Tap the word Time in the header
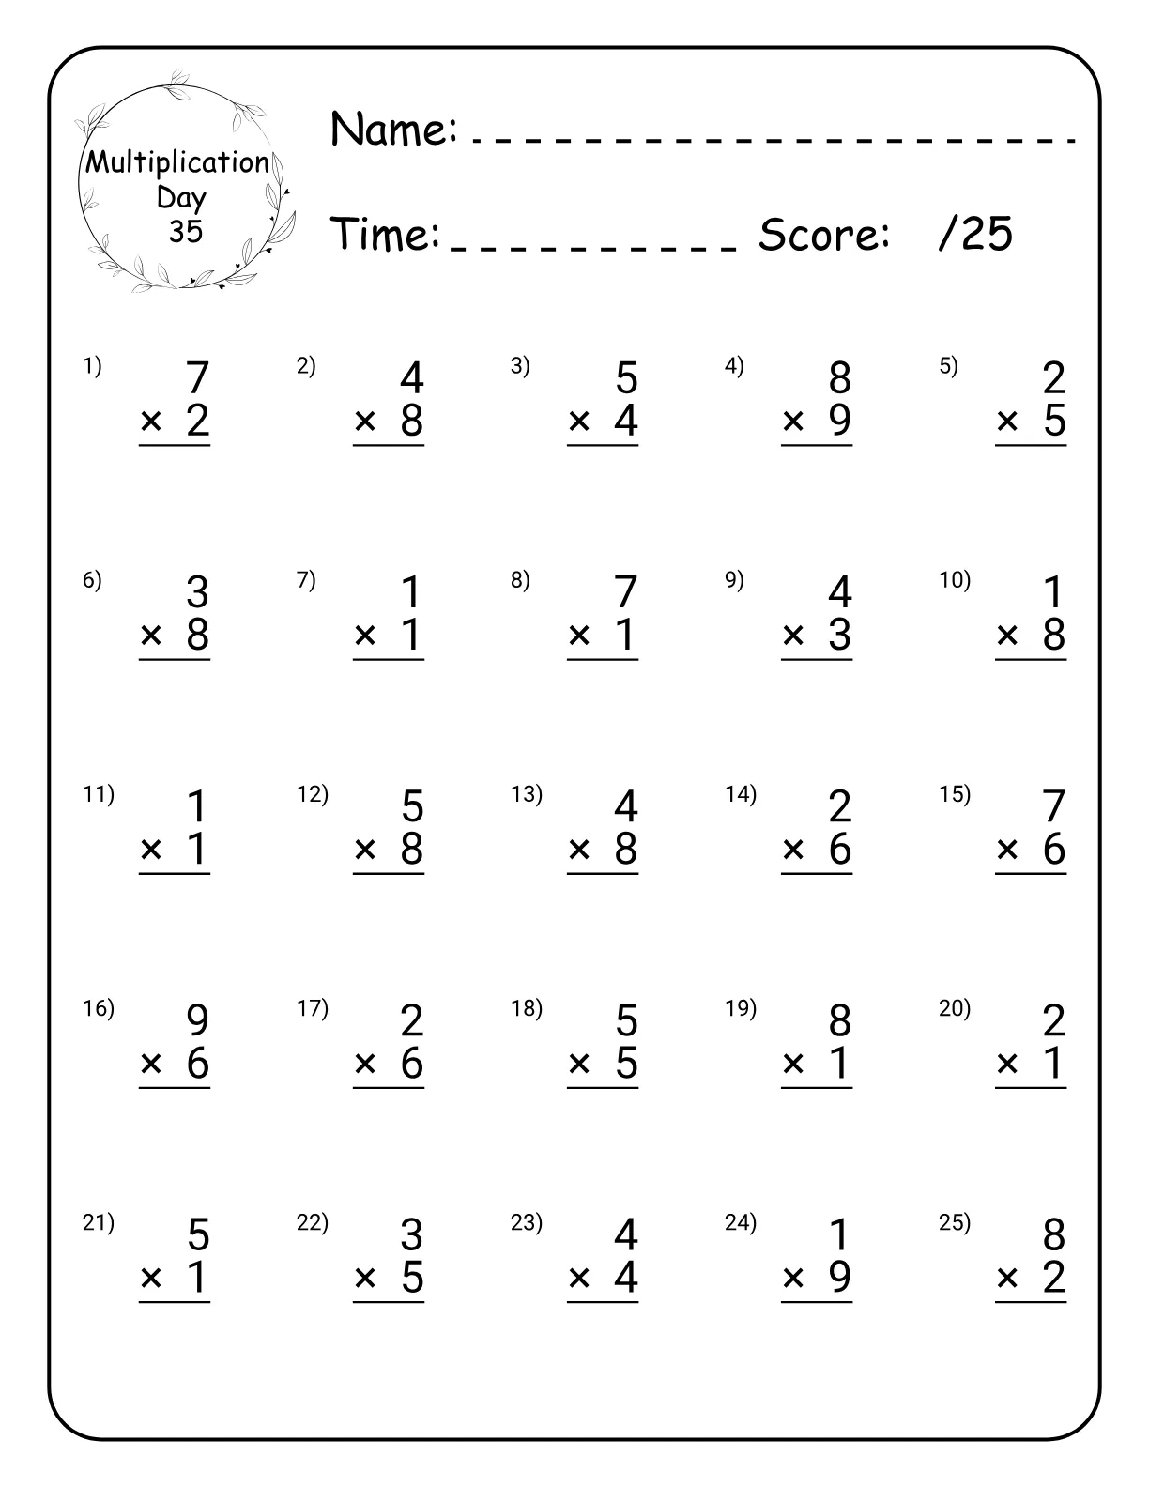tap(386, 234)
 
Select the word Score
tap(824, 234)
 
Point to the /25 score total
tap(975, 233)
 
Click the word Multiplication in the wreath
tap(177, 162)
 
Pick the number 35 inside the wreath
tap(185, 231)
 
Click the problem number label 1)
tap(92, 366)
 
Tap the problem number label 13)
tap(527, 794)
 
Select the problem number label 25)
tap(955, 1222)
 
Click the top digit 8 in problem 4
tap(839, 378)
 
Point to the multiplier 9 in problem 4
tap(839, 421)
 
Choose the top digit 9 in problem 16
tap(197, 1020)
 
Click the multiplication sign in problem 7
tap(365, 636)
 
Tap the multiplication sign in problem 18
tap(579, 1065)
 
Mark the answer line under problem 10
tap(1031, 659)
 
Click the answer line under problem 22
tap(389, 1301)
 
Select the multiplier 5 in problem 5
tap(1054, 421)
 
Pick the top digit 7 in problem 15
tap(1053, 806)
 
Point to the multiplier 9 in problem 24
tap(839, 1277)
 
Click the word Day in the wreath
tap(181, 197)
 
